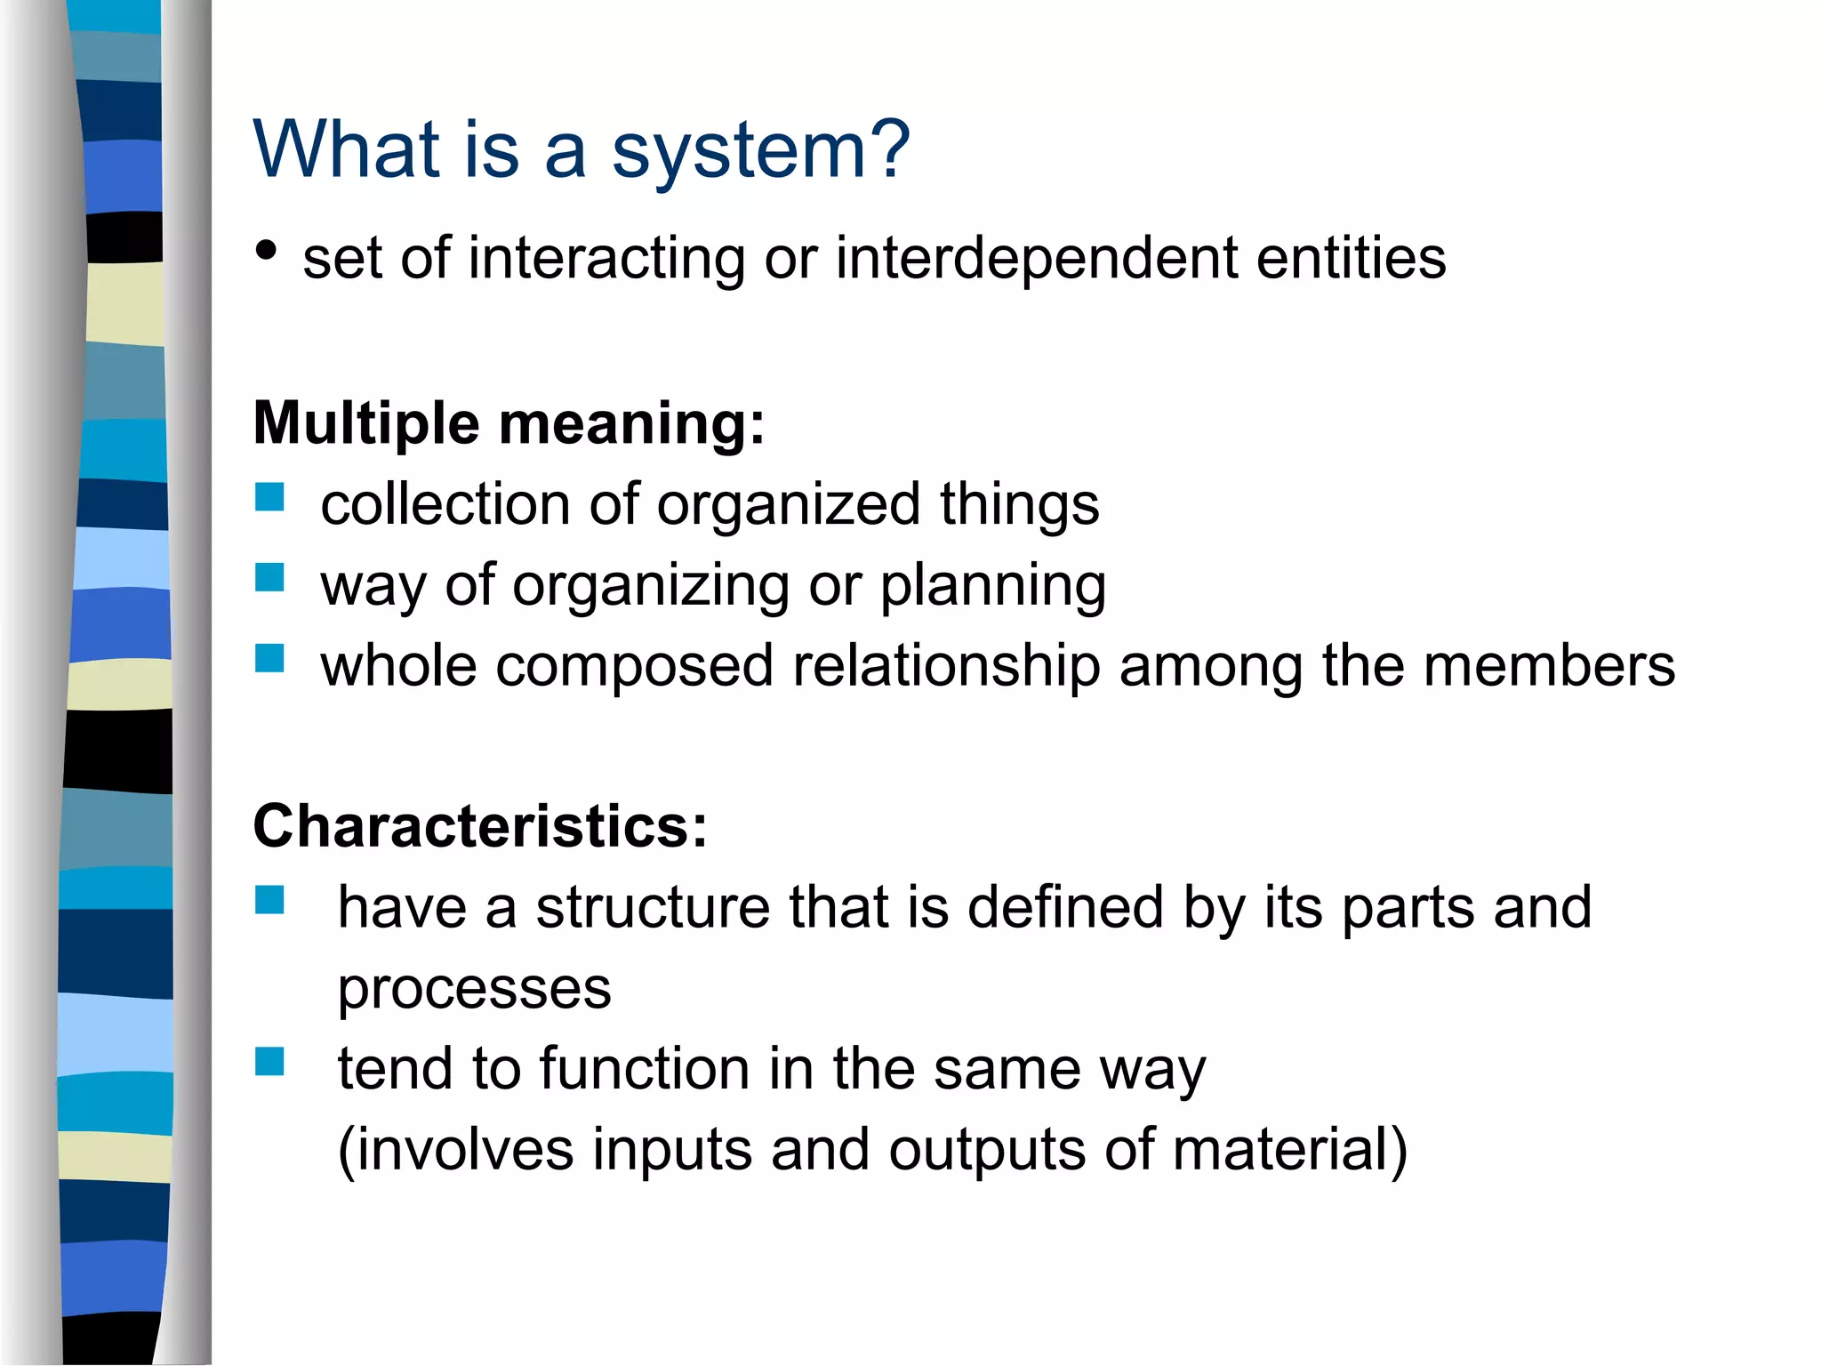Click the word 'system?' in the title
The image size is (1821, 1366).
pos(761,151)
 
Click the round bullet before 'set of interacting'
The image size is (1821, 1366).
pos(266,251)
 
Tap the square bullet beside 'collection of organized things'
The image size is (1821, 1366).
pos(269,497)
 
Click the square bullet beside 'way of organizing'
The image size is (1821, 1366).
pos(269,578)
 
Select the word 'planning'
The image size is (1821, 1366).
pos(993,587)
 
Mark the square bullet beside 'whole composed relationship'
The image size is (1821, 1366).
pos(269,659)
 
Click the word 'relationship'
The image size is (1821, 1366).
pos(946,667)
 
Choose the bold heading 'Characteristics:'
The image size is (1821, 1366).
pos(480,826)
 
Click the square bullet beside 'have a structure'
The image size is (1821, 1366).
pos(269,900)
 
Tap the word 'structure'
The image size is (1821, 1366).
pos(653,908)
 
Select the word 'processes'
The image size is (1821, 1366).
pos(475,990)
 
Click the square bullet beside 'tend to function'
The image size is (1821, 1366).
pos(269,1061)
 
